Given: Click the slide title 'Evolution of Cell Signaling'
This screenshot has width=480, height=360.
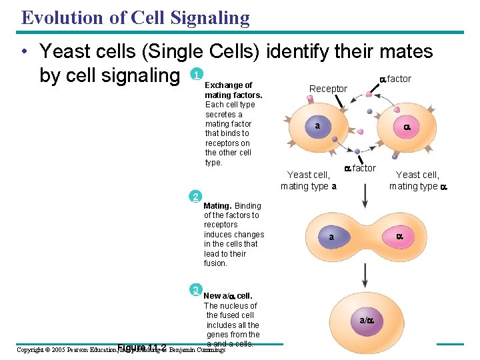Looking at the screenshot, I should (135, 17).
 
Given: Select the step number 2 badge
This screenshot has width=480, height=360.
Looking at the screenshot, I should (195, 196).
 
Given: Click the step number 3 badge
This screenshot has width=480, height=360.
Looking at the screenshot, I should (195, 289).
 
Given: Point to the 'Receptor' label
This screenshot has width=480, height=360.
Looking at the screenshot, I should (328, 89).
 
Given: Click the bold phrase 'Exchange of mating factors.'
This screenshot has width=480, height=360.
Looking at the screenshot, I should (233, 90).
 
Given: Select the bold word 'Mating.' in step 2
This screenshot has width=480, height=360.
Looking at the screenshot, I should (219, 206).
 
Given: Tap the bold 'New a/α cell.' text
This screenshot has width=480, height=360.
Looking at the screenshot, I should (227, 296).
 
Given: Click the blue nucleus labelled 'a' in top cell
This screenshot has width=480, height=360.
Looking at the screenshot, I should (318, 126).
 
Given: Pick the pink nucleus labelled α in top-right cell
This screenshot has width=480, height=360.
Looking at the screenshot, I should (406, 127).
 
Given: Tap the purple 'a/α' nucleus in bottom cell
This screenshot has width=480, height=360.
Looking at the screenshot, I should (367, 321).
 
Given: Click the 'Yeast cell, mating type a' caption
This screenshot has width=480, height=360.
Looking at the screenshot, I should (307, 181).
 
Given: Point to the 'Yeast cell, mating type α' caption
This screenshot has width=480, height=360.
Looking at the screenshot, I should (418, 181).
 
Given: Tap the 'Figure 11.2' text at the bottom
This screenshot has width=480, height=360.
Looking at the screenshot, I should (141, 347).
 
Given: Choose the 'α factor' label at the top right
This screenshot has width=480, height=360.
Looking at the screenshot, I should (395, 79).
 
